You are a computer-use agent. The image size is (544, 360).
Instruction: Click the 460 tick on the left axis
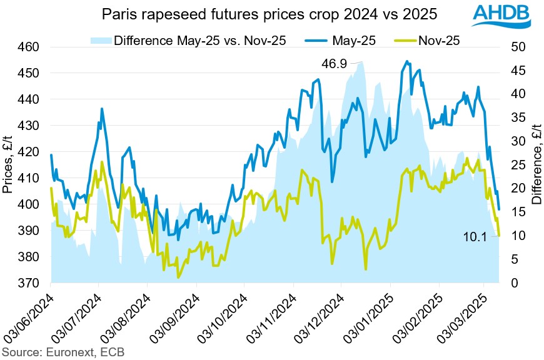(x=29, y=47)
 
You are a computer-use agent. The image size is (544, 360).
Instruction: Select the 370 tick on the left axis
(x=29, y=283)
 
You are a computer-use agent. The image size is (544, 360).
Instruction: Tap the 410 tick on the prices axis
(x=29, y=178)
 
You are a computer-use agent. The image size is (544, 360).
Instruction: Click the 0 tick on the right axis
(x=514, y=283)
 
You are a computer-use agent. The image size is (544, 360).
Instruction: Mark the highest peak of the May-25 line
(x=408, y=61)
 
